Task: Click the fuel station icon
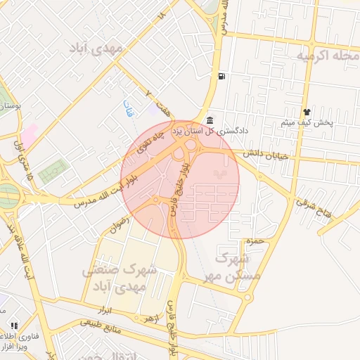coord(222,76)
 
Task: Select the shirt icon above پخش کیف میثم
coord(307,112)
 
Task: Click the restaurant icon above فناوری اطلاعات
coord(14,326)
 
